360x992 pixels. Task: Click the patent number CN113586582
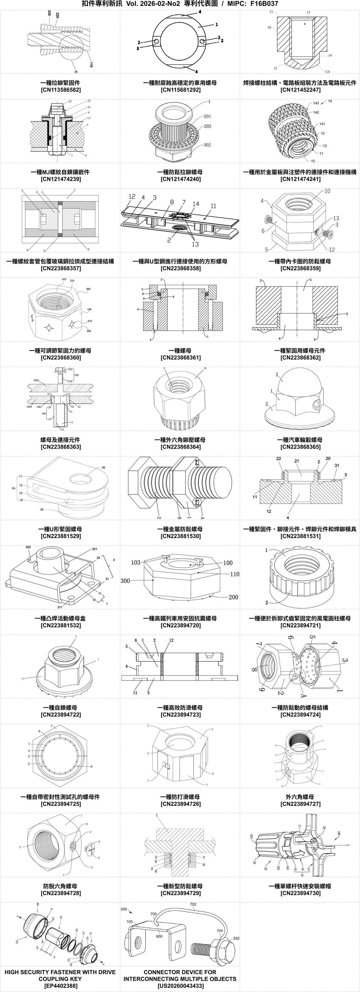click(x=60, y=90)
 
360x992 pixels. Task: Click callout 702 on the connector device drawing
click(x=193, y=904)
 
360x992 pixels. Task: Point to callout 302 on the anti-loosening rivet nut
click(x=207, y=145)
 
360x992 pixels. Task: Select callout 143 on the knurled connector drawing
click(x=316, y=103)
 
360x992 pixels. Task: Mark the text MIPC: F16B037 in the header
click(x=253, y=4)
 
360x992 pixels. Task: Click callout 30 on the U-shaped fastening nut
click(x=103, y=467)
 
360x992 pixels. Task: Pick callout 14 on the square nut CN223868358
click(x=196, y=204)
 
